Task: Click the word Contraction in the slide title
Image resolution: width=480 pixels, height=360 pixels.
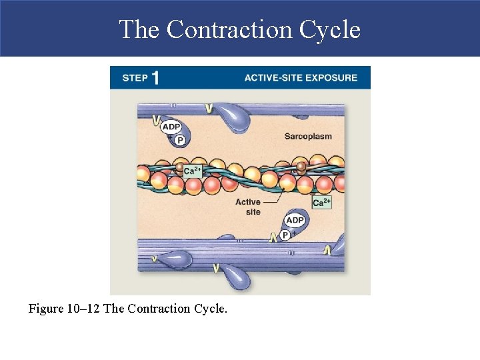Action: point(229,30)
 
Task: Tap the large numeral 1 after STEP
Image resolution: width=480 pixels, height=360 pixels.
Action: point(155,77)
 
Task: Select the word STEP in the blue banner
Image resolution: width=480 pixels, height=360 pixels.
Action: point(135,78)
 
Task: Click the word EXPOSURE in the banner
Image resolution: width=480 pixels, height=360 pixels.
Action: point(331,77)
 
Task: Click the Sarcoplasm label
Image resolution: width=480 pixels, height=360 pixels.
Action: point(308,137)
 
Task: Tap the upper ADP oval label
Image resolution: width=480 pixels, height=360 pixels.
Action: point(171,127)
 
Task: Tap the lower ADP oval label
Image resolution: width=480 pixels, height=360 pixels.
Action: point(294,220)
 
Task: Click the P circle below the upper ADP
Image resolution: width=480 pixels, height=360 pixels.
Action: point(180,140)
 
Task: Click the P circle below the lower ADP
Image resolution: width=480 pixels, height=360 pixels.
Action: point(285,235)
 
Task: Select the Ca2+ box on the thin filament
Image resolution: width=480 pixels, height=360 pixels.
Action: point(193,171)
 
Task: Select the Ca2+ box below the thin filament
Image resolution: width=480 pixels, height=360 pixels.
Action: point(321,202)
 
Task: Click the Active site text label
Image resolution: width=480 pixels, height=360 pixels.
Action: point(248,207)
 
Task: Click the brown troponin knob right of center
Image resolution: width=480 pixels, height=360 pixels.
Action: point(301,167)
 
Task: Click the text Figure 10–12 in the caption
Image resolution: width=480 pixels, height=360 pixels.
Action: point(65,309)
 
